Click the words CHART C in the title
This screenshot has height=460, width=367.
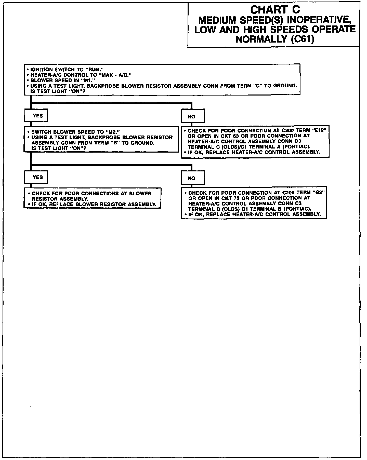pyautogui.click(x=275, y=10)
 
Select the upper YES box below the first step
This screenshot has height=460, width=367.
pyautogui.click(x=36, y=116)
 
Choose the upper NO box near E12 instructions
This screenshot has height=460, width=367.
pyautogui.click(x=193, y=117)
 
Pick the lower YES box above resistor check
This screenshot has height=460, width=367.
pyautogui.click(x=36, y=177)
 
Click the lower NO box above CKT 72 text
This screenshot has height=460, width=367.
pyautogui.click(x=193, y=178)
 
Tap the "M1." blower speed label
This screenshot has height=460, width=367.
pyautogui.click(x=87, y=80)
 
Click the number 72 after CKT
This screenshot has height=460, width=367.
pyautogui.click(x=236, y=198)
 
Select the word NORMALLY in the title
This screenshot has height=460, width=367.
pyautogui.click(x=262, y=39)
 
